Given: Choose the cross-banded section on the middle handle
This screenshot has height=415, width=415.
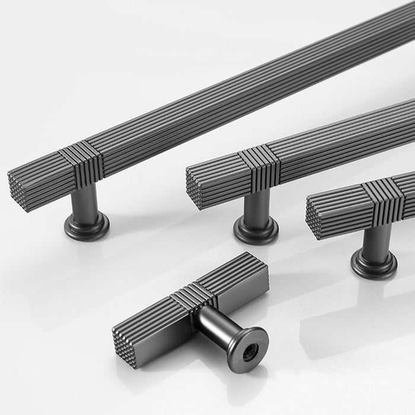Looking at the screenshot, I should pyautogui.click(x=259, y=168).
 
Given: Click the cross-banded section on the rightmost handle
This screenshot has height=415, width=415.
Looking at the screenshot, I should pyautogui.click(x=383, y=199).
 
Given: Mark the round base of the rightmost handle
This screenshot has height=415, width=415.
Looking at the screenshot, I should pyautogui.click(x=373, y=264).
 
